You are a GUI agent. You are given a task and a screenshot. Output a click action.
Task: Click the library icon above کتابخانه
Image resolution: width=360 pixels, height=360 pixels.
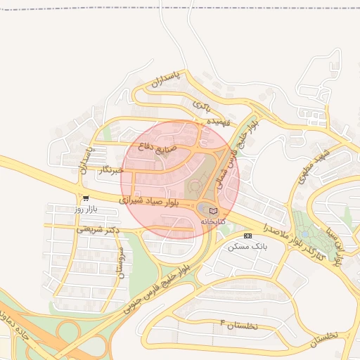tap(214, 211)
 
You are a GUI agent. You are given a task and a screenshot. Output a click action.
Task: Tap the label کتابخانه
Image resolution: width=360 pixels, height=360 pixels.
tap(214, 221)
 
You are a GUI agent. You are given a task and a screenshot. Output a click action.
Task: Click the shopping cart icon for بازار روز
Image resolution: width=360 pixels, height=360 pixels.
tap(86, 199)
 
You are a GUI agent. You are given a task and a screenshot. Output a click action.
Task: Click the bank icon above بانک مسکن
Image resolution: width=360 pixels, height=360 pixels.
tap(247, 236)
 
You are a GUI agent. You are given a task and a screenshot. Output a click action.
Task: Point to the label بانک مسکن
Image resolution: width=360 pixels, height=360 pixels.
tap(247, 246)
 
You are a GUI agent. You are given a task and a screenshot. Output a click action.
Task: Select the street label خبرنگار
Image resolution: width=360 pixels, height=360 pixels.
tap(112, 169)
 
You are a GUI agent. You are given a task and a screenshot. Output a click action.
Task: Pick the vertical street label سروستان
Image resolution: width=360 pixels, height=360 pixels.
tap(120, 262)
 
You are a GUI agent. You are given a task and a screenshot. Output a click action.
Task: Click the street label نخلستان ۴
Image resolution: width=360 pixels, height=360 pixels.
tap(239, 326)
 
